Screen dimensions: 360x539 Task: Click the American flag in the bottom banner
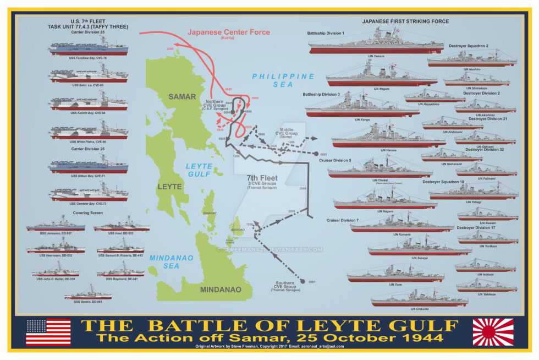click(48, 332)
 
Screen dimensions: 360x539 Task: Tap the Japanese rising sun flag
click(493, 332)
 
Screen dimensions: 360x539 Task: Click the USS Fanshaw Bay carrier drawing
click(88, 48)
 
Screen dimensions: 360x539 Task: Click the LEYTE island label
click(169, 187)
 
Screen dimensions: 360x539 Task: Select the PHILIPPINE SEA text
click(283, 80)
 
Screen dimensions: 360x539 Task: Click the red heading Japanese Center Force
click(228, 32)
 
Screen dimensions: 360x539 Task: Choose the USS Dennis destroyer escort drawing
click(88, 292)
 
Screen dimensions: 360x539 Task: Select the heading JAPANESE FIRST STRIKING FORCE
click(405, 21)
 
